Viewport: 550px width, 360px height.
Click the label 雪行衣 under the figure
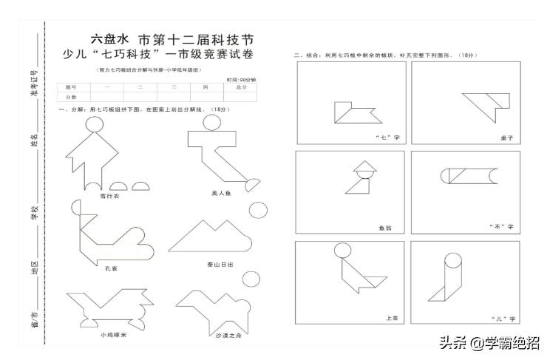(x=109, y=196)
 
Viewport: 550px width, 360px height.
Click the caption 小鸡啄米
(x=114, y=334)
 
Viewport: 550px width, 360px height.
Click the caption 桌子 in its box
(x=506, y=137)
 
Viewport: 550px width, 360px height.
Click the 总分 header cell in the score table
(x=241, y=87)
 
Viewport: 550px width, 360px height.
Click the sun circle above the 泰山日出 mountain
(x=257, y=209)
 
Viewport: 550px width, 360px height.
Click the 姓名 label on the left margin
(x=34, y=139)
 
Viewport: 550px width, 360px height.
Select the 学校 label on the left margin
(x=34, y=213)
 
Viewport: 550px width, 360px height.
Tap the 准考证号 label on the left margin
(x=34, y=77)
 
